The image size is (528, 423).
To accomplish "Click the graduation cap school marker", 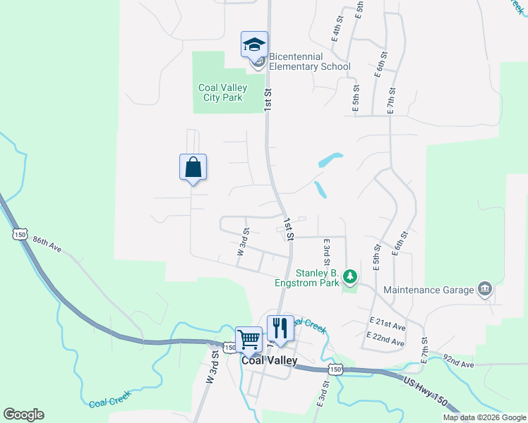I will pos(254,45).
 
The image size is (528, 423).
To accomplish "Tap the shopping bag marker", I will pos(193,168).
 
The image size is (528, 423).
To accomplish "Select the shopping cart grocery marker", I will pos(248,340).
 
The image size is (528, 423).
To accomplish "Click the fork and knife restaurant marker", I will pos(280,329).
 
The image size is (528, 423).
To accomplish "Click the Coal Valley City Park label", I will pos(220,92).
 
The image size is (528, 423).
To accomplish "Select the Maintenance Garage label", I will pos(427,290).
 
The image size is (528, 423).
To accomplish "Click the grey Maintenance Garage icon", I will pos(484,288).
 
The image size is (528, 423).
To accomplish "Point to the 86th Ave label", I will pos(47,244).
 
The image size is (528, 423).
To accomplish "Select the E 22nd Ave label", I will pos(386,342).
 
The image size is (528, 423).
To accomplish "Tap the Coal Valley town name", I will pos(270,360).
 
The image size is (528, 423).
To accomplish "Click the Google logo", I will pos(23,415).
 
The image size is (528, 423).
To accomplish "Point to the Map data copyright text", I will pos(484,417).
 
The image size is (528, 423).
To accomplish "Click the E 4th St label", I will pos(336,35).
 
